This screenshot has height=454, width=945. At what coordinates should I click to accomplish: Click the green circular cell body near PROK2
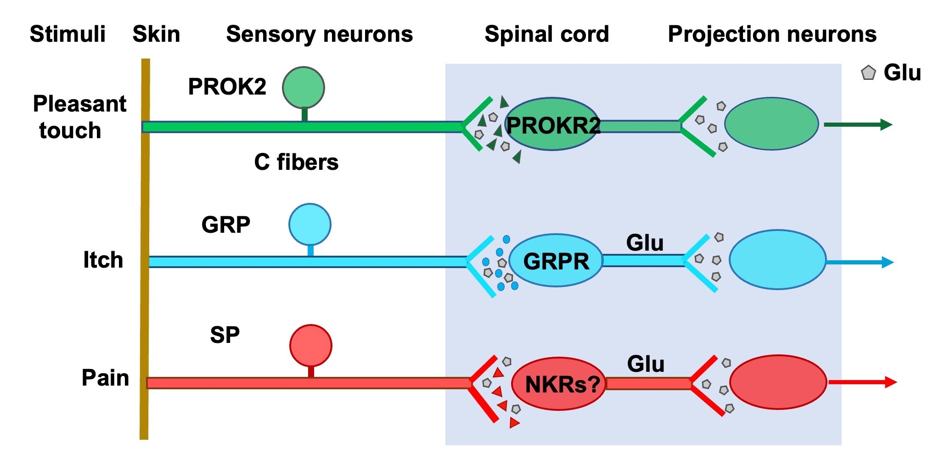[304, 87]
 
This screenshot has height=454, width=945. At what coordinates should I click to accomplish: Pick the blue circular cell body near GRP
[310, 224]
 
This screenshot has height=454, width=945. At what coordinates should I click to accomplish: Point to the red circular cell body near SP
[311, 346]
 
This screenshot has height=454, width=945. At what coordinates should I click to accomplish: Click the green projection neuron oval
[771, 123]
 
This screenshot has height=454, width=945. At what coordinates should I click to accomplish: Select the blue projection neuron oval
[777, 260]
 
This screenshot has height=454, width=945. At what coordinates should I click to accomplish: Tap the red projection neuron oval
[778, 382]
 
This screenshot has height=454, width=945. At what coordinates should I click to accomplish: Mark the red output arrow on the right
[862, 382]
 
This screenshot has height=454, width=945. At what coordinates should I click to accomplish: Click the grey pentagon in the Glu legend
[868, 73]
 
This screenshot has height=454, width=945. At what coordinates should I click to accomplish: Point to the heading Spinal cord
[546, 34]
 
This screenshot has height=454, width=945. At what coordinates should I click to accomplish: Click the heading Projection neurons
[772, 34]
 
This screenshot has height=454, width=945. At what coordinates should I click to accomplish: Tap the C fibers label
[296, 162]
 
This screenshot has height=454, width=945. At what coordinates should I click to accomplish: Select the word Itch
[103, 260]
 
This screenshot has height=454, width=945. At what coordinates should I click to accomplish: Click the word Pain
[105, 378]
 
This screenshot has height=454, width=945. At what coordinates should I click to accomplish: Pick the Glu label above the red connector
[646, 364]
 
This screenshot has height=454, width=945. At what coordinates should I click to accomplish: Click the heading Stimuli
[67, 34]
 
